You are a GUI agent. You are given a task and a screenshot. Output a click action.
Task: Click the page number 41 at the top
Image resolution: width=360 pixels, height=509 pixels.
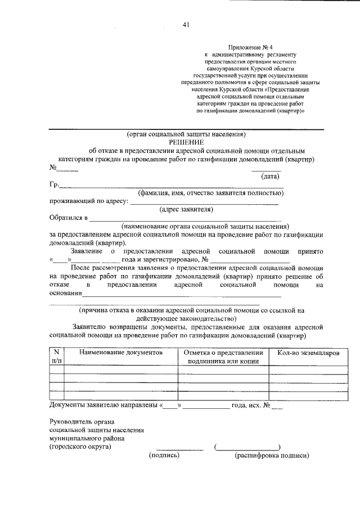(186, 24)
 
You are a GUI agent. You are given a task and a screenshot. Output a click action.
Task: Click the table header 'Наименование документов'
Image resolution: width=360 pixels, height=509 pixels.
(121, 352)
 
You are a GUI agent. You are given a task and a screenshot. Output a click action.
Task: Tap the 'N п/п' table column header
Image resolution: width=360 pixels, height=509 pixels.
(56, 357)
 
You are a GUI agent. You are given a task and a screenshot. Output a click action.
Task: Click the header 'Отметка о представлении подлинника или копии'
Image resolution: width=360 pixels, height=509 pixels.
(223, 357)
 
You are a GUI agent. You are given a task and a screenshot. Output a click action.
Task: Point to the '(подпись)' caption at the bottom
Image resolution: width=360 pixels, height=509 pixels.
(164, 454)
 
